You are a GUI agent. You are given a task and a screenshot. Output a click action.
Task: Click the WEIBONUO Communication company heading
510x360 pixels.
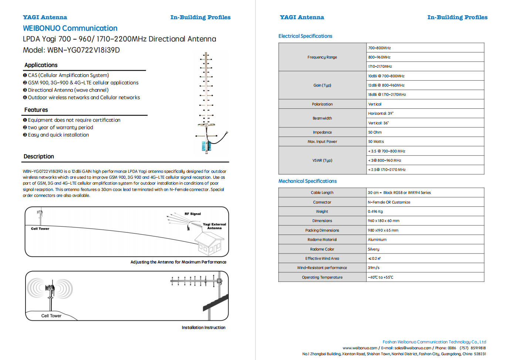click(70, 28)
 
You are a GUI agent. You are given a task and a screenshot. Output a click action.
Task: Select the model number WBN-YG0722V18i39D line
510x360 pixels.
click(71, 50)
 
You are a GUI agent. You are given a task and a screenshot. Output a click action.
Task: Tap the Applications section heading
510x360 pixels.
click(41, 65)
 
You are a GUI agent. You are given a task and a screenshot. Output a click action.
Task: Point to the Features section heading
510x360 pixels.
click(36, 110)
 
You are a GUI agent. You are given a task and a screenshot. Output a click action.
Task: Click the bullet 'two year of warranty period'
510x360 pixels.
click(60, 128)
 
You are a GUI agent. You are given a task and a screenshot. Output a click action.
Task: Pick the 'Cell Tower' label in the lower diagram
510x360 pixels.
click(51, 316)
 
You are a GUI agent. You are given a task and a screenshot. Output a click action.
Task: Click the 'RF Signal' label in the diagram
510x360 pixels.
click(193, 214)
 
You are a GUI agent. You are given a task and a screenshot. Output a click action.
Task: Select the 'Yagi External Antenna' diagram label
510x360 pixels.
click(215, 226)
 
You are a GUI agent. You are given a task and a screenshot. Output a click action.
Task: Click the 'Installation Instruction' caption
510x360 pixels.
click(203, 328)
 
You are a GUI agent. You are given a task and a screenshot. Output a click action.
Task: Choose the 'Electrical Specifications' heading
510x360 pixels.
click(305, 36)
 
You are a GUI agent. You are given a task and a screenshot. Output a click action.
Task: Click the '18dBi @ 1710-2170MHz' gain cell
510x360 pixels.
click(387, 95)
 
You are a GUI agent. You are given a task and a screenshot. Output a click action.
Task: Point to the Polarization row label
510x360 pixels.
click(322, 104)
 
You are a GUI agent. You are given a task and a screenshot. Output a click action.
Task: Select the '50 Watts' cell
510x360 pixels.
click(376, 142)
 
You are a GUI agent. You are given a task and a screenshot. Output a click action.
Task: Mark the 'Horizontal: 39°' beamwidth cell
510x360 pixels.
click(381, 114)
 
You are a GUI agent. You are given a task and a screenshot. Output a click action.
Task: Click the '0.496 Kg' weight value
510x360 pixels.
click(375, 212)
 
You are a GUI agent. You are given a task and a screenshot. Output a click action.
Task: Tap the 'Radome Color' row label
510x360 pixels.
click(322, 249)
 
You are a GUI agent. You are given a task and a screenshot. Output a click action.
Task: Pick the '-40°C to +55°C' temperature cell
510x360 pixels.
click(380, 277)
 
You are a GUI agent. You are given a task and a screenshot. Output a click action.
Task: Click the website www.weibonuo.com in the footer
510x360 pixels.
click(359, 348)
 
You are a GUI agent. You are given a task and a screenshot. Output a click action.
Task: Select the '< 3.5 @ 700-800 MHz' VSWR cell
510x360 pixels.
click(386, 151)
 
